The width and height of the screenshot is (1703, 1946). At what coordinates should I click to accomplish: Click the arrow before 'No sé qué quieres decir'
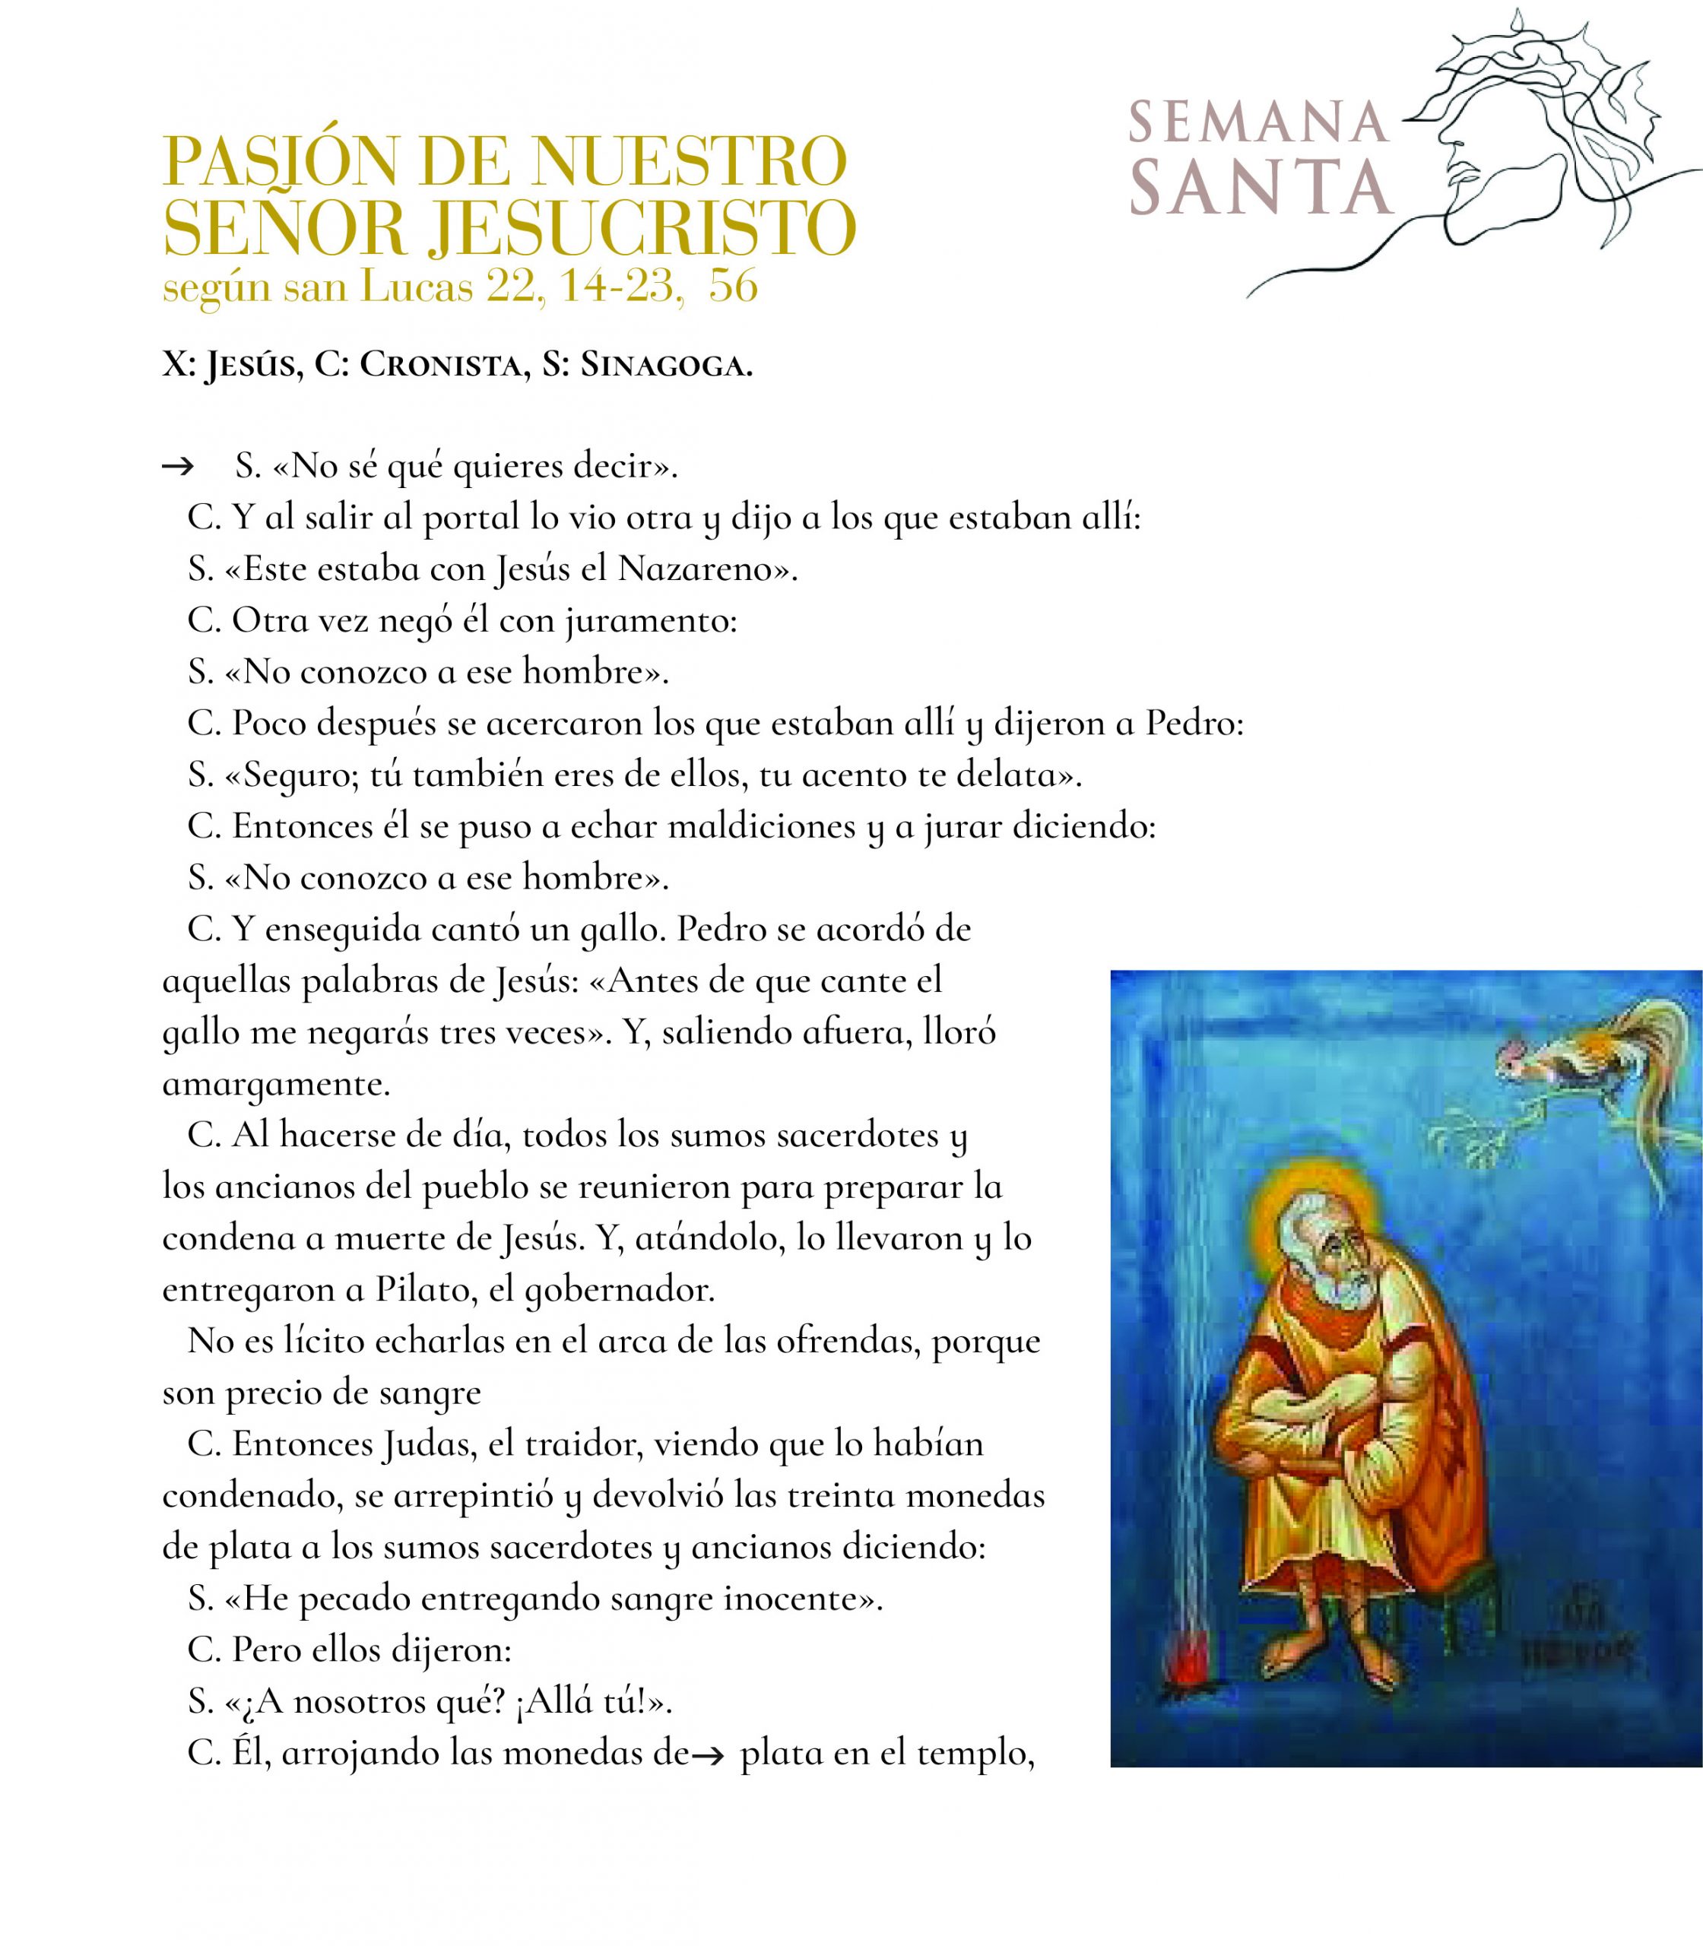pyautogui.click(x=178, y=467)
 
